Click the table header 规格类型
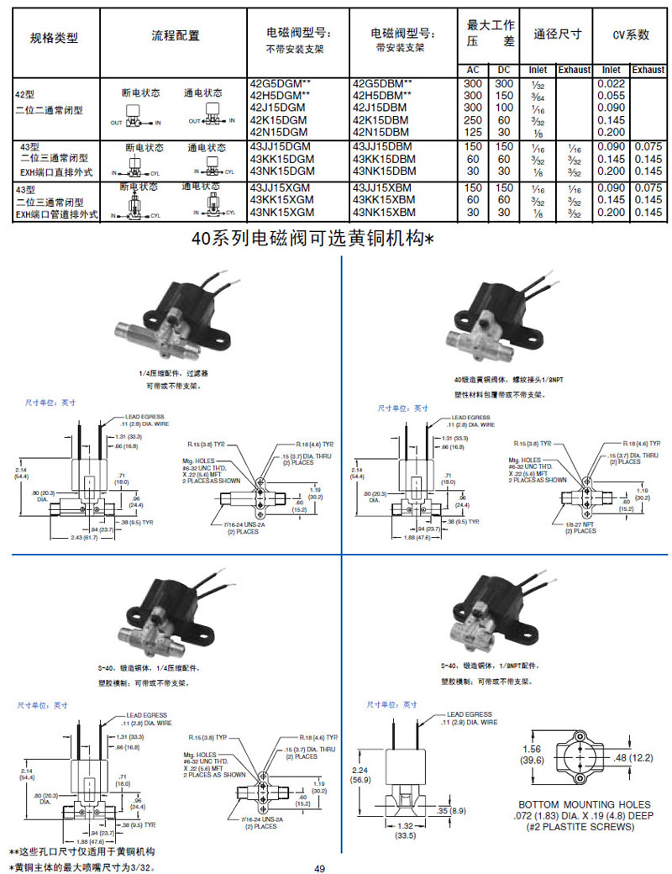(x=54, y=38)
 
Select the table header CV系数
(x=630, y=34)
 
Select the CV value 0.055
(x=612, y=96)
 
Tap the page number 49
(x=319, y=868)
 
